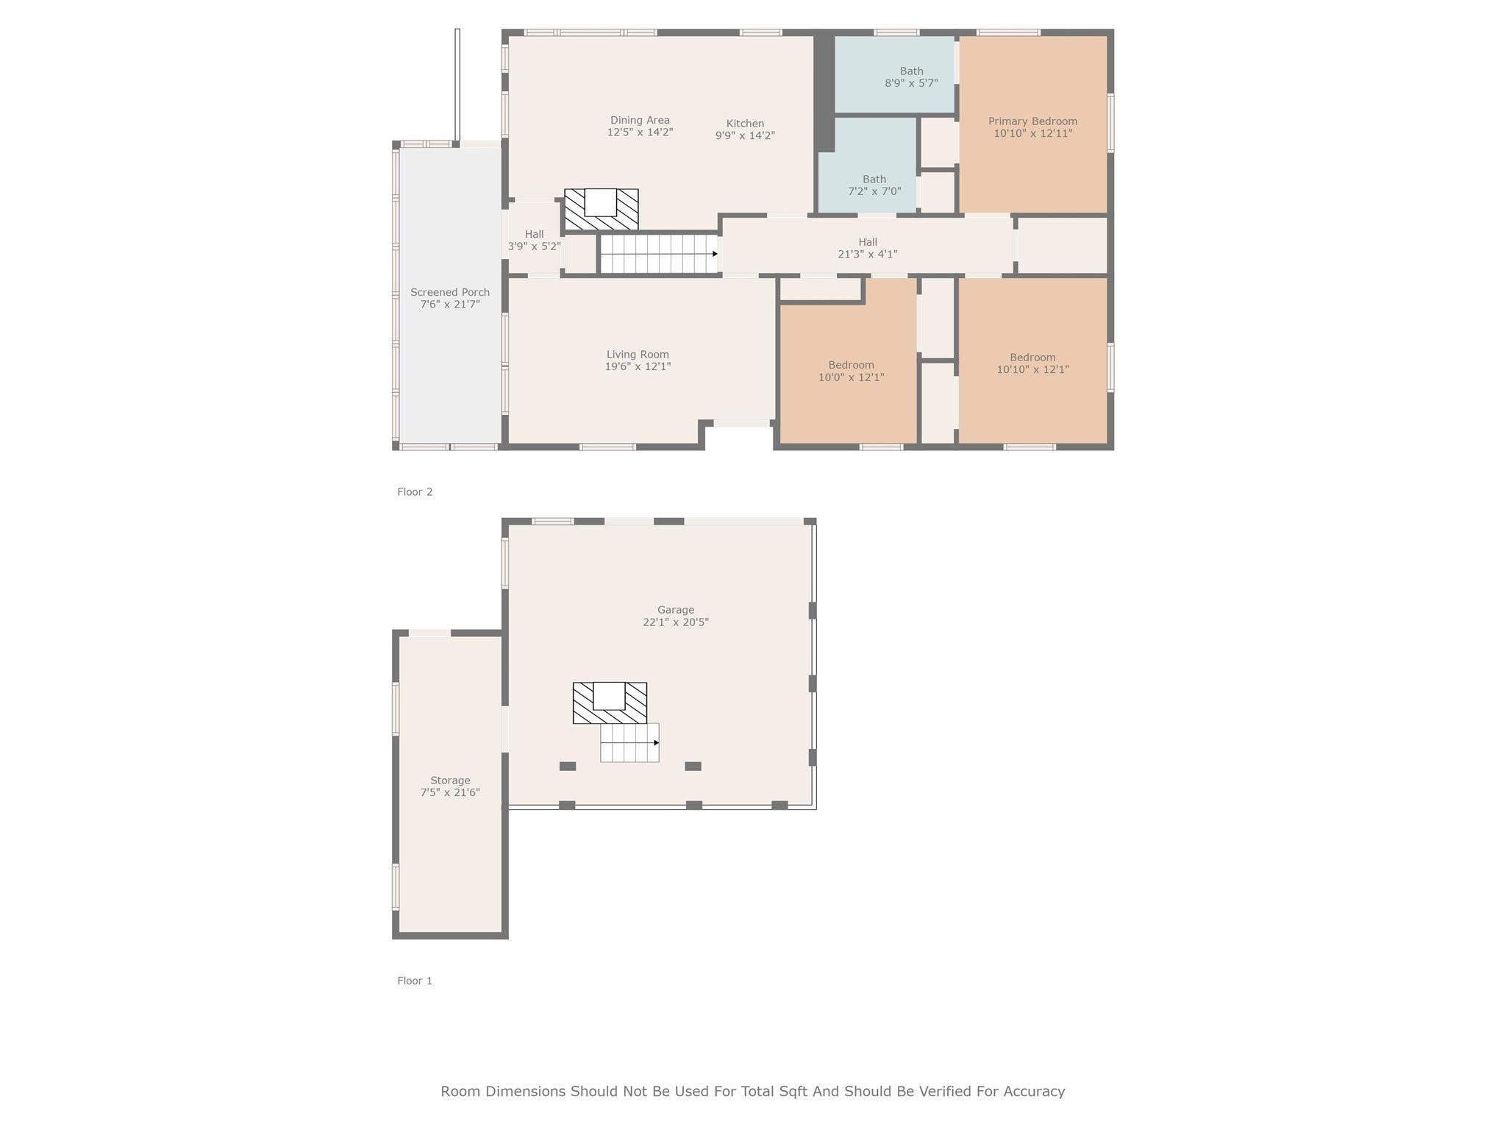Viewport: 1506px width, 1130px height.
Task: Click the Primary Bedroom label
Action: (1032, 121)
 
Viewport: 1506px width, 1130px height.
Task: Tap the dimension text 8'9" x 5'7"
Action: (911, 83)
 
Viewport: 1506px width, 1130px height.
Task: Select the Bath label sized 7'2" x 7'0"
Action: (874, 179)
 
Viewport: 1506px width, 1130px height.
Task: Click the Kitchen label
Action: (745, 124)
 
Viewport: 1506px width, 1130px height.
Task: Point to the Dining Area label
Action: (640, 120)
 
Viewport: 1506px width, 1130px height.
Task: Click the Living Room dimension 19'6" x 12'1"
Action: (638, 366)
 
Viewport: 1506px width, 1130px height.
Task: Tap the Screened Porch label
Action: (450, 292)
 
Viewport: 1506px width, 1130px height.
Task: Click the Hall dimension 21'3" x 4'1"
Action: (868, 254)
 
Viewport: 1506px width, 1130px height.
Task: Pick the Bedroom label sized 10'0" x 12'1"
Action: (851, 365)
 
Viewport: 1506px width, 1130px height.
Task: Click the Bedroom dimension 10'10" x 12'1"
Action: (1032, 369)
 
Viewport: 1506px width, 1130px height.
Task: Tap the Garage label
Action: (675, 610)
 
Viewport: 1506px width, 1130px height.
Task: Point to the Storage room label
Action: (450, 781)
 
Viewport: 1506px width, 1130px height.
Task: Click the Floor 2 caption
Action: (415, 492)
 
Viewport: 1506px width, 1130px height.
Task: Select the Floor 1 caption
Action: (415, 981)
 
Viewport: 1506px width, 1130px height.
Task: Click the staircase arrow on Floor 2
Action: (714, 254)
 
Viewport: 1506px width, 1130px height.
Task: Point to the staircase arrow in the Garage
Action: (656, 743)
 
